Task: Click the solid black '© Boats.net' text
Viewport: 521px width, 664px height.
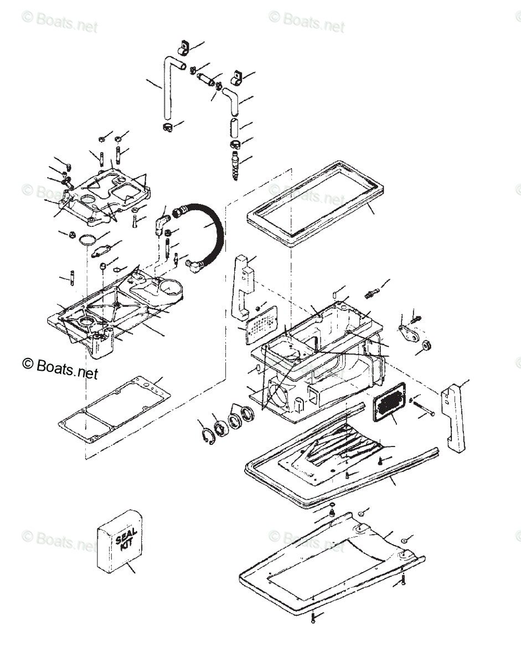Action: click(x=60, y=367)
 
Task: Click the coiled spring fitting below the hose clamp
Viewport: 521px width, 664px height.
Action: click(x=235, y=164)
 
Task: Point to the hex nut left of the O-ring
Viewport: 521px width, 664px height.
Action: click(x=72, y=235)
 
